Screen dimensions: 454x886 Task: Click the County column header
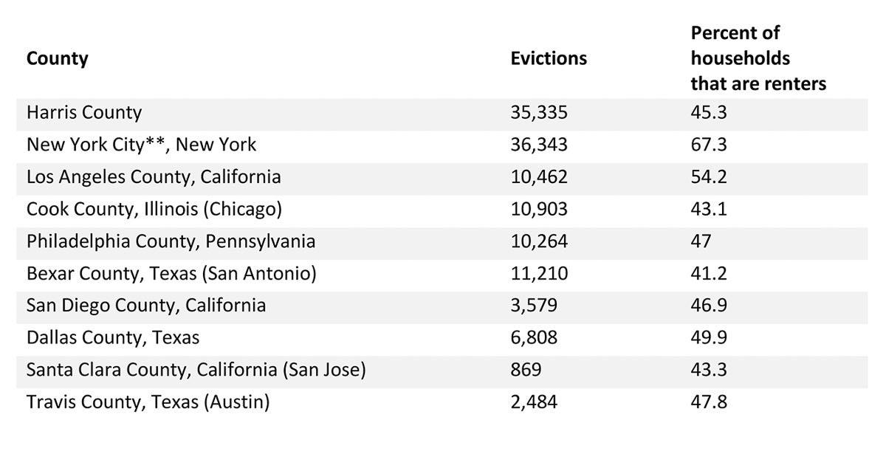click(x=57, y=59)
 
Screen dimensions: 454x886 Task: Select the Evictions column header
click(x=549, y=59)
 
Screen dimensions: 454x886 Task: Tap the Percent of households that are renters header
click(x=758, y=59)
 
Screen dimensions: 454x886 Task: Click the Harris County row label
click(x=83, y=113)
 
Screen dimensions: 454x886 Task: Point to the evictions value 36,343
click(x=539, y=145)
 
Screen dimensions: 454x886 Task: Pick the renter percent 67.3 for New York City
click(x=709, y=145)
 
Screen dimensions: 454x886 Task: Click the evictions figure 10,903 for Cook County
click(x=539, y=210)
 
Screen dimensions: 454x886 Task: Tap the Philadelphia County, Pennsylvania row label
click(x=171, y=241)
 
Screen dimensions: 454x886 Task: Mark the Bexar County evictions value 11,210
click(x=539, y=274)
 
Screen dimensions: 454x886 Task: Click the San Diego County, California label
click(x=146, y=306)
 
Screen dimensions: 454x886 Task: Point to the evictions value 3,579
click(x=534, y=306)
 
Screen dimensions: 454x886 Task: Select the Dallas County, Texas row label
click(x=113, y=338)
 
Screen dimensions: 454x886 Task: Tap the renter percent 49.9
click(x=709, y=338)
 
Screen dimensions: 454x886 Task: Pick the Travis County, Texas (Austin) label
click(x=148, y=402)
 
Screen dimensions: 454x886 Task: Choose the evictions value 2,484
click(x=534, y=402)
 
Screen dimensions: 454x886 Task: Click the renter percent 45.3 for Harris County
click(x=709, y=113)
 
